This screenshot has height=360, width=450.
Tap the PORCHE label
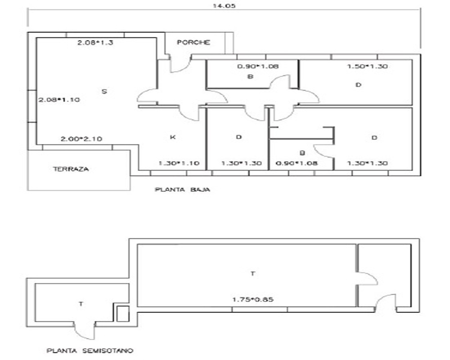193,42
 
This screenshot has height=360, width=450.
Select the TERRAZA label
71,169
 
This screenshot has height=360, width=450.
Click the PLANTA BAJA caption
183,190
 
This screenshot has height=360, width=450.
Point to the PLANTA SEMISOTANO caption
90,350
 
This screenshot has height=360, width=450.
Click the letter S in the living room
104,91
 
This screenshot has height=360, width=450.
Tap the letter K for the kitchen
172,137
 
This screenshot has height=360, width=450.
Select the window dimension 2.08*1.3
95,43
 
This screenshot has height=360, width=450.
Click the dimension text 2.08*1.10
59,99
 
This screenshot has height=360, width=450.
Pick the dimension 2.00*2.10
81,139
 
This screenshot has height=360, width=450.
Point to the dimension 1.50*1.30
367,66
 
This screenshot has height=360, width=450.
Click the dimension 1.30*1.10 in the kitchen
179,163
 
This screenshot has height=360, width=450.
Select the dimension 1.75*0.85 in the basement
253,299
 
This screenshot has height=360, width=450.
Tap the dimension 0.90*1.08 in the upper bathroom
258,66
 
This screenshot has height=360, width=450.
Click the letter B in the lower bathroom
303,153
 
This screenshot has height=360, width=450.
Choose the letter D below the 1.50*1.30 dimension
359,84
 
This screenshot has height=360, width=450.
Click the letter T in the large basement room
252,273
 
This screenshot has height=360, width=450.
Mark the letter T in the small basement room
81,304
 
